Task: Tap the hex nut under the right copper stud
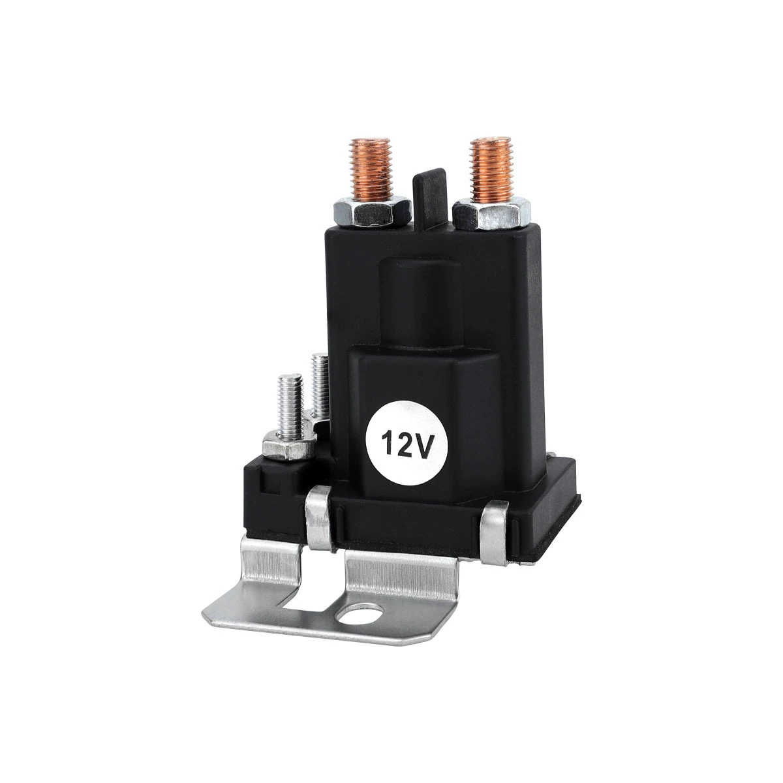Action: pyautogui.click(x=491, y=214)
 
